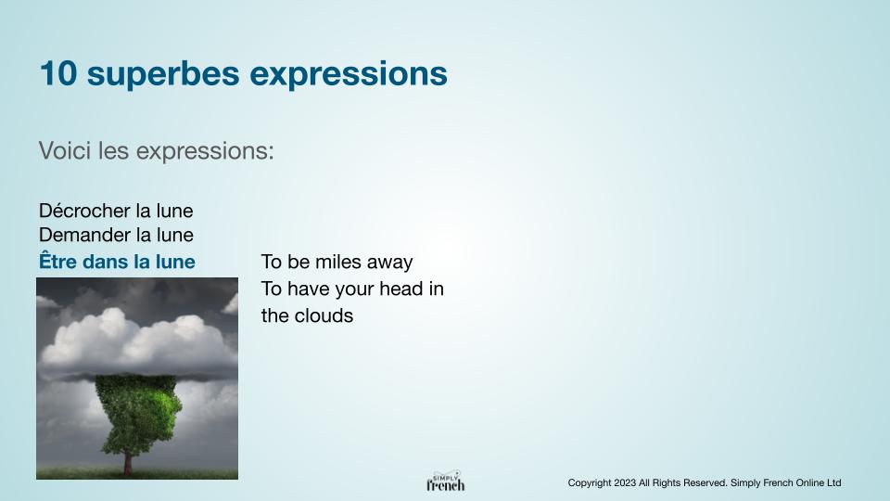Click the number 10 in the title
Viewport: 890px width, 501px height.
click(57, 74)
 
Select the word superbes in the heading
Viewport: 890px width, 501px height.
click(163, 75)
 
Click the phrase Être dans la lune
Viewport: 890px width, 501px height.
click(117, 261)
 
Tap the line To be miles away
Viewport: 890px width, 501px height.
click(337, 262)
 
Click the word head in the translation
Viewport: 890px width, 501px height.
click(400, 289)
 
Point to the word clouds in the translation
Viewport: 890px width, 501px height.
click(324, 315)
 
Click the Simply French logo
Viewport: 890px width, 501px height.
click(446, 482)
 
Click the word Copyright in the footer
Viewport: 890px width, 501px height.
click(590, 483)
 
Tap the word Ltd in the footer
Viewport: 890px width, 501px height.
click(833, 482)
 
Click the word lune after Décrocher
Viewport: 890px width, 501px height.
click(175, 211)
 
